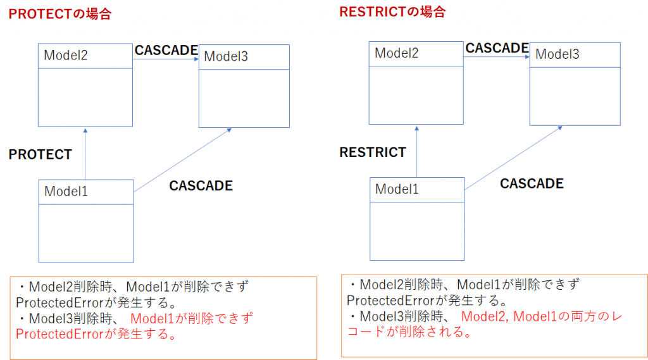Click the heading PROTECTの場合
click(x=60, y=14)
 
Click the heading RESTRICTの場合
click(x=392, y=11)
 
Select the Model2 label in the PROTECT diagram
click(x=65, y=56)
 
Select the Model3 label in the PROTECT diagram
click(x=226, y=57)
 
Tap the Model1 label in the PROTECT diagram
click(x=66, y=191)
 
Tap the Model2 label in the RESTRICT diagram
click(x=396, y=53)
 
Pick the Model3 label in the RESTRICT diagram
click(x=557, y=54)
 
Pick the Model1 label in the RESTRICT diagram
click(x=397, y=189)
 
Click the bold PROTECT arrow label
click(x=40, y=154)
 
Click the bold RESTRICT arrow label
click(x=373, y=152)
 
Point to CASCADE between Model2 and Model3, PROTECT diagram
click(x=166, y=51)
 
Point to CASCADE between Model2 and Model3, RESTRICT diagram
click(x=497, y=48)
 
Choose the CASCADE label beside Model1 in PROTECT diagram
click(x=201, y=186)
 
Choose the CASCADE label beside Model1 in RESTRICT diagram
click(x=532, y=184)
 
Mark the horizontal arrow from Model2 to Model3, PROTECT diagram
click(x=166, y=59)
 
